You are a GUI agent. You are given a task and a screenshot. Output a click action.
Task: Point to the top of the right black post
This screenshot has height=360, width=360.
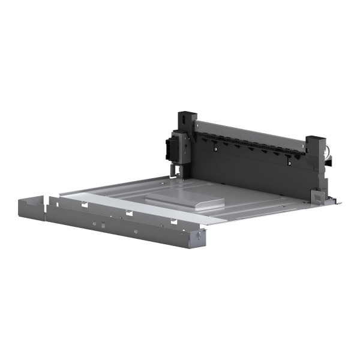tap(316, 140)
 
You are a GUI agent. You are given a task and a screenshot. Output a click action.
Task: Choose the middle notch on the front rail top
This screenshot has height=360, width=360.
tap(128, 213)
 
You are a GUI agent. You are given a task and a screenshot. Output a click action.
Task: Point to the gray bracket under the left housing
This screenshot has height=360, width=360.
tap(177, 171)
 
